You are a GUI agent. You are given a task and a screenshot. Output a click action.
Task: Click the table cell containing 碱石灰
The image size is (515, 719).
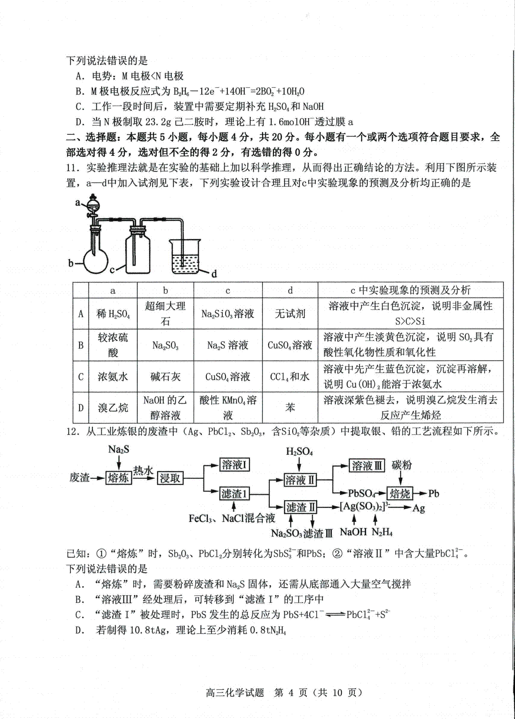tap(165, 376)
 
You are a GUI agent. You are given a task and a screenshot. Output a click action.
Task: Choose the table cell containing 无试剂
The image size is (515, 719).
tap(290, 313)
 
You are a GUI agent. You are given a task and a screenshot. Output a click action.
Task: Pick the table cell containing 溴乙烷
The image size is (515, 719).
tap(112, 407)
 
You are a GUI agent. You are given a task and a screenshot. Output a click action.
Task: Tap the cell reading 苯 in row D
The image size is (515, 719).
tap(290, 407)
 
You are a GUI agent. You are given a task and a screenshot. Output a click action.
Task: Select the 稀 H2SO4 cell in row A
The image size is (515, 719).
tap(112, 313)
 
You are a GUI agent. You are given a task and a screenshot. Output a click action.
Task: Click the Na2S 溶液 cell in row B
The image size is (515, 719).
tap(227, 345)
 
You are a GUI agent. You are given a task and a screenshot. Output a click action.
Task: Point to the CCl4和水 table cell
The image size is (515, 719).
tap(290, 376)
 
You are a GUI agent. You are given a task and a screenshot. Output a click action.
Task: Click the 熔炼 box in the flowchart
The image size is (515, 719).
tap(118, 477)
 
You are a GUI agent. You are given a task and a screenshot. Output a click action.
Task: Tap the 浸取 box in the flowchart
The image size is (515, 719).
tap(170, 477)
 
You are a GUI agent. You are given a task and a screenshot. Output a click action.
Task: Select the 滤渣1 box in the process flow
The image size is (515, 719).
tap(234, 494)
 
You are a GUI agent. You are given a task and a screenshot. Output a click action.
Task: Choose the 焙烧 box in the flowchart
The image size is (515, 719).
tap(400, 494)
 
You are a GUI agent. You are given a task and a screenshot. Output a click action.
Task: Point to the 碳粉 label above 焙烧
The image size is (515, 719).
tap(402, 465)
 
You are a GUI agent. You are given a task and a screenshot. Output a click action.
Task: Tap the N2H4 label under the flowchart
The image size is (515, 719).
tap(382, 532)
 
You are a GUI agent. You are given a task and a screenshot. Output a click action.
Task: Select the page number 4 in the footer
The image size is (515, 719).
tap(291, 692)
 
